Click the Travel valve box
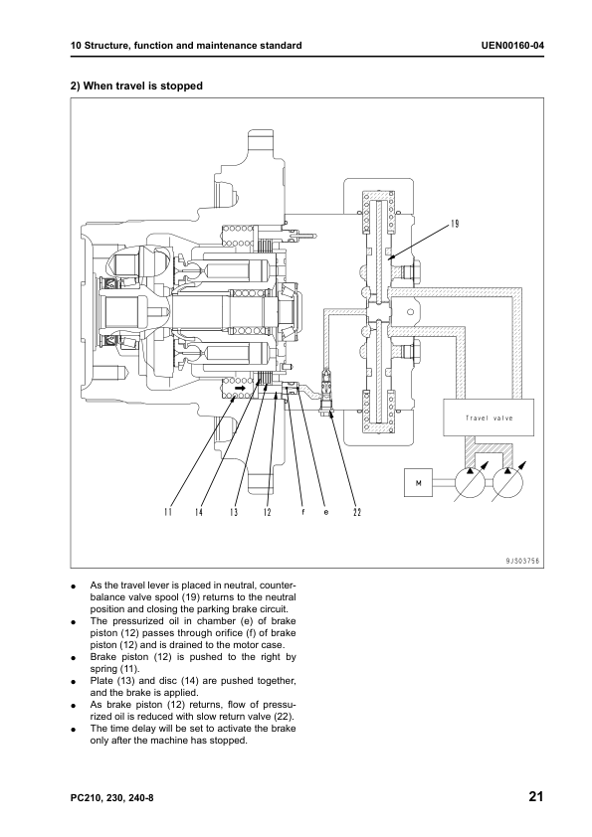pyautogui.click(x=489, y=418)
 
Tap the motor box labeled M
pyautogui.click(x=418, y=482)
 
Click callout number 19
pyautogui.click(x=455, y=224)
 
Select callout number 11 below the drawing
pyautogui.click(x=168, y=513)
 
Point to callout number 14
pyautogui.click(x=199, y=513)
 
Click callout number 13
pyautogui.click(x=234, y=513)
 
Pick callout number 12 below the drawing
pyautogui.click(x=268, y=513)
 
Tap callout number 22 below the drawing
pyautogui.click(x=357, y=513)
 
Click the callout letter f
pyautogui.click(x=302, y=513)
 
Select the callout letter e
pyautogui.click(x=326, y=513)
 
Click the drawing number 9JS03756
pyautogui.click(x=522, y=561)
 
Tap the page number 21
pyautogui.click(x=536, y=797)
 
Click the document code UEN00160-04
pyautogui.click(x=512, y=46)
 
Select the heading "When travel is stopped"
pyautogui.click(x=143, y=85)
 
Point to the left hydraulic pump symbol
pyautogui.click(x=471, y=482)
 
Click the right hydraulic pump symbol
pyautogui.click(x=507, y=482)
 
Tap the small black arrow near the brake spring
pyautogui.click(x=241, y=389)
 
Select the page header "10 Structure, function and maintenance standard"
pyautogui.click(x=186, y=46)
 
